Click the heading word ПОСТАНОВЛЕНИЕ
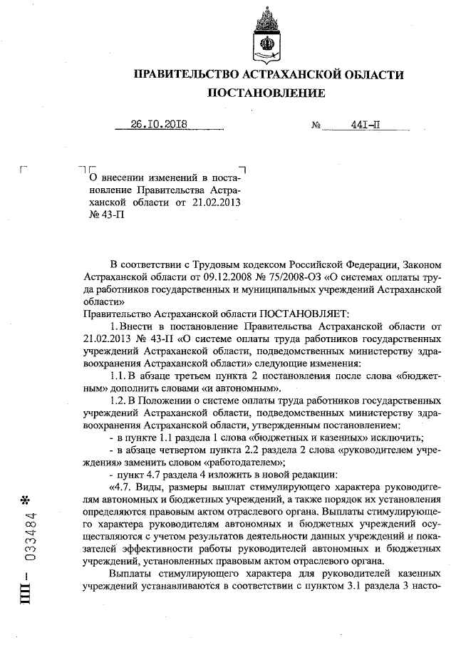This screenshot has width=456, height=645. pos(266,93)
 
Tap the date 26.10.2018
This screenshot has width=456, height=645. pos(158,123)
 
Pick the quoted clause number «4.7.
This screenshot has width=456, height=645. pos(126,487)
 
